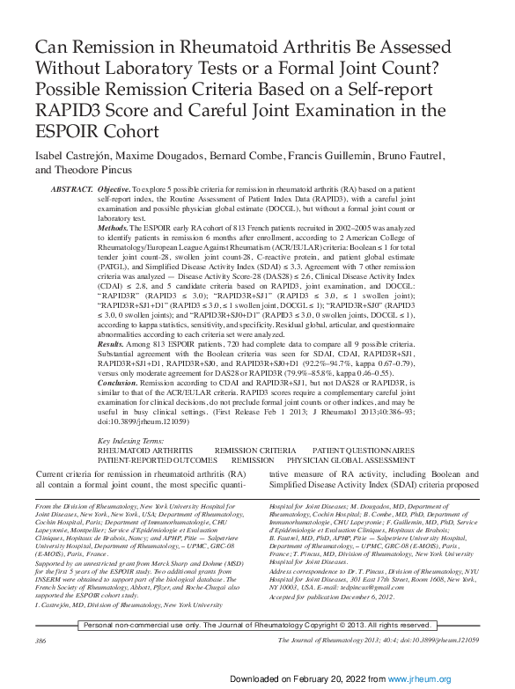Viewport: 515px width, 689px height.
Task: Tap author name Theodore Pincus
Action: click(x=93, y=170)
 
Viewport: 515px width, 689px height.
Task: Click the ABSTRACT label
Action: click(x=72, y=190)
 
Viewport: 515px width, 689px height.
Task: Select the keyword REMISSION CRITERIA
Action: click(x=254, y=450)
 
